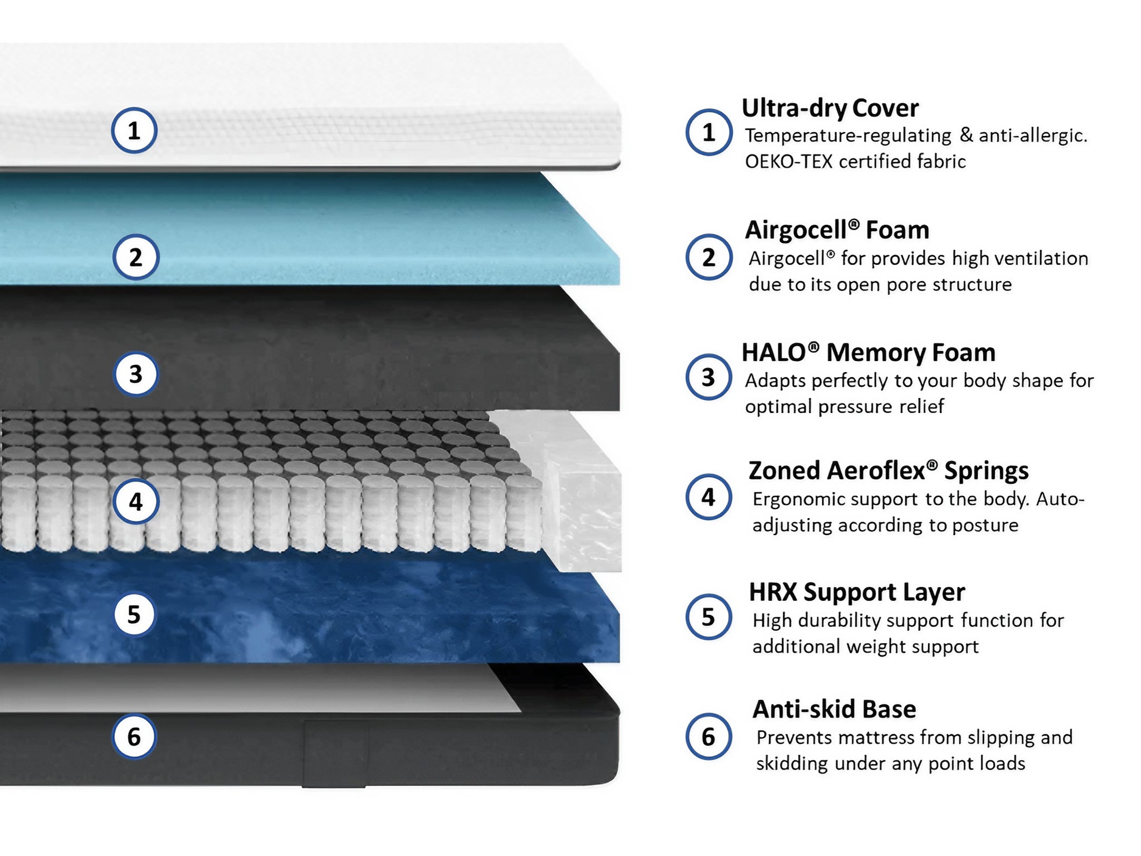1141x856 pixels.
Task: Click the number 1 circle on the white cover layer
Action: point(134,130)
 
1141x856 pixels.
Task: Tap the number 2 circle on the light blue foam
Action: point(135,257)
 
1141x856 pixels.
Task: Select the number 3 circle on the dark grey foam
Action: point(135,374)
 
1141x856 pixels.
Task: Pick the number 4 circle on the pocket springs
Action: point(135,502)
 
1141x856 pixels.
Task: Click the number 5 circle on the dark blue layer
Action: point(134,615)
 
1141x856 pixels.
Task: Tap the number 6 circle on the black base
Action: point(134,737)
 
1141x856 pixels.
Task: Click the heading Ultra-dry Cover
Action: point(830,108)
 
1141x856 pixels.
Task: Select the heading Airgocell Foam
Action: point(836,230)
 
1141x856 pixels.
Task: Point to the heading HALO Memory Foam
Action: point(868,352)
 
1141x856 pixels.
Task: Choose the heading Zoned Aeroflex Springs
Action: point(888,470)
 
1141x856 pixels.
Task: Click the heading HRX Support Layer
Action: point(856,592)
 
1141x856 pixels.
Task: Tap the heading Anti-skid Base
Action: point(834,709)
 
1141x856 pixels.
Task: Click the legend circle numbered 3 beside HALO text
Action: point(708,377)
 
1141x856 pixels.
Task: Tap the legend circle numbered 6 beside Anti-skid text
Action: point(708,737)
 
